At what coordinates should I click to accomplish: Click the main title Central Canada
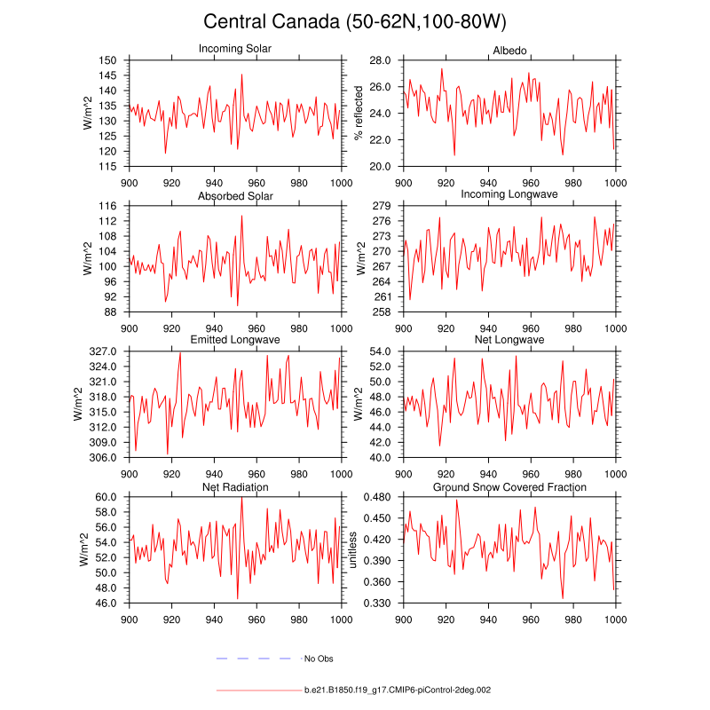click(355, 21)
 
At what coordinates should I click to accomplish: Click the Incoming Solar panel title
click(235, 49)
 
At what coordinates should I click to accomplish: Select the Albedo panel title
click(509, 49)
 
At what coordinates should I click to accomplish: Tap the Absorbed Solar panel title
click(235, 195)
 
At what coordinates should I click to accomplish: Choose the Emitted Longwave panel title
click(235, 341)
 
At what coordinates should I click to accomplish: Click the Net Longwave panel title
click(509, 341)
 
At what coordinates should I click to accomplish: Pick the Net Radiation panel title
click(235, 487)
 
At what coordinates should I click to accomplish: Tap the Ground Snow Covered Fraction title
click(509, 487)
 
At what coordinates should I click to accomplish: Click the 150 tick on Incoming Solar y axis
click(107, 60)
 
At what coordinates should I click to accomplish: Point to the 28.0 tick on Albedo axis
click(381, 60)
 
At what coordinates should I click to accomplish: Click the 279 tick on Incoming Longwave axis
click(382, 206)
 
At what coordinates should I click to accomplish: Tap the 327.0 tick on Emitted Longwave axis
click(104, 352)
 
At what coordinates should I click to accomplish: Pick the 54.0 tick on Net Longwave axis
click(381, 352)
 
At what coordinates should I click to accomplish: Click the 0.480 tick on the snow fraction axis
click(377, 498)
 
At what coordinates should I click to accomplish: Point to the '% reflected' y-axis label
click(359, 113)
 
